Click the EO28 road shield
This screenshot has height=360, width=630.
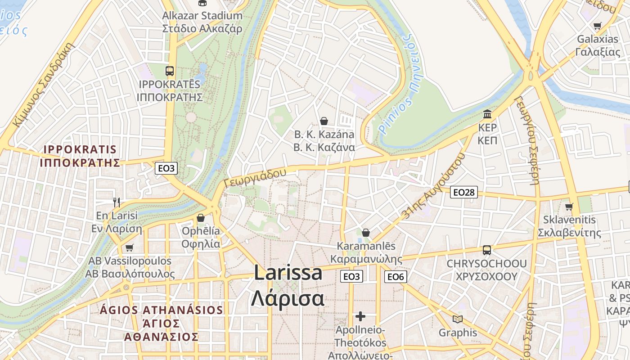point(464,193)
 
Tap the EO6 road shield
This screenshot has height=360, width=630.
point(396,277)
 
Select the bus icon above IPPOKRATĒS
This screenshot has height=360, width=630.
point(170,71)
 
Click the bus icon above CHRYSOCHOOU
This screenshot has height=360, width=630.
point(487,250)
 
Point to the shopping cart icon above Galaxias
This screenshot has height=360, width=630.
point(597,26)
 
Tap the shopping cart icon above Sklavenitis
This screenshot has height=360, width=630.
point(569,207)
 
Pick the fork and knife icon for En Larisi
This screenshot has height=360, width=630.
point(117,202)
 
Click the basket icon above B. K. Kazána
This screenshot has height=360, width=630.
point(324,121)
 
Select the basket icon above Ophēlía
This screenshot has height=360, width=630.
point(201,218)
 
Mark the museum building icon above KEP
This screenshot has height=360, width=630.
point(487,114)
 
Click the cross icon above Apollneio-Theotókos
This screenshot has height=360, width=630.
point(360,316)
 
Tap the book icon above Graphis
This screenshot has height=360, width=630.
point(458,319)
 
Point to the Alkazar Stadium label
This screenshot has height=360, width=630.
point(202,16)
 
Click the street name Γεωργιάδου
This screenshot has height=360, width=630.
point(255,178)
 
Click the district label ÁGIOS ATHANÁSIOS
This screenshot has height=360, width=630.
point(162,310)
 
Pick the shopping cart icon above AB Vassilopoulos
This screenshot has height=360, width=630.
point(130,247)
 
